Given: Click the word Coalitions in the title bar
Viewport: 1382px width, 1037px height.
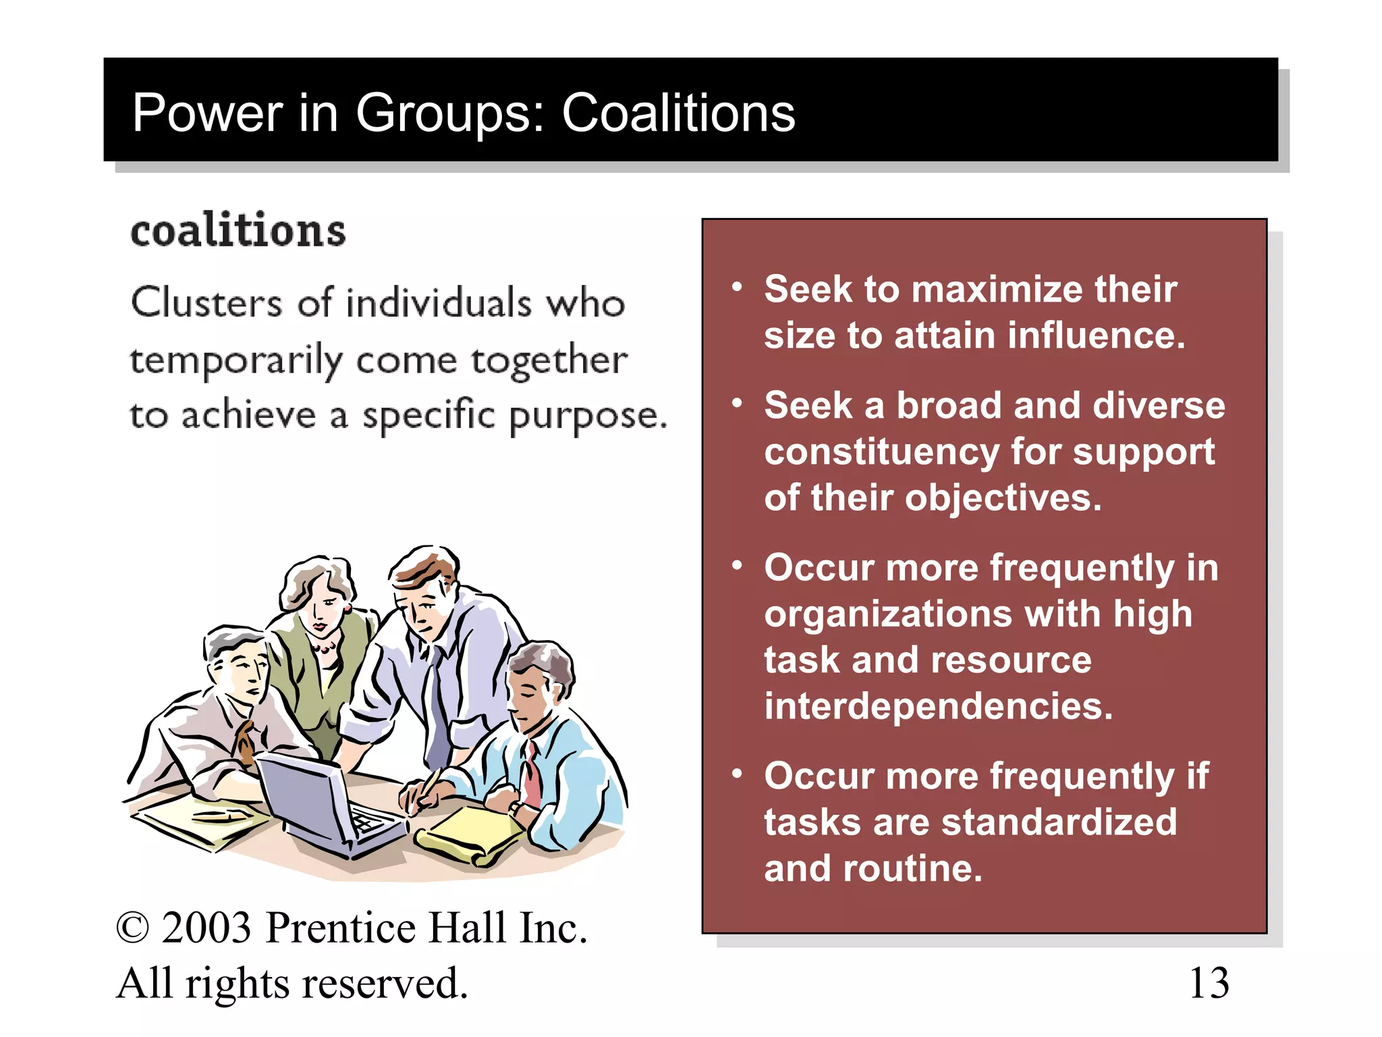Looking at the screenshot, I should pos(678,113).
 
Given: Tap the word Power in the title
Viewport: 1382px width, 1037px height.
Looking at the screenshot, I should pos(208,113).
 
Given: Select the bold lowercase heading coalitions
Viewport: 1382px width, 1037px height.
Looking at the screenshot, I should pos(238,231).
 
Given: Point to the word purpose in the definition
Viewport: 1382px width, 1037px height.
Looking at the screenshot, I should pos(587,417).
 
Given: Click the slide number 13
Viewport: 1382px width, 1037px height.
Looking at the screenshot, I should pos(1209,983).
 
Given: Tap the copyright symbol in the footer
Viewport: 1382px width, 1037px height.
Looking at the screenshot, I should pos(132,928).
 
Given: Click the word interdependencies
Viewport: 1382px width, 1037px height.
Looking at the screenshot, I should pos(938,706).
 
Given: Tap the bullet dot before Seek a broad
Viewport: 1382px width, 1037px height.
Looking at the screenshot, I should pos(737,404).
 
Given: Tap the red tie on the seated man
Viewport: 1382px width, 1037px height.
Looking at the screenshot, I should pos(531,776).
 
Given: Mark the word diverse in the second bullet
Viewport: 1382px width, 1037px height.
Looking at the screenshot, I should pos(1158,406).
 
